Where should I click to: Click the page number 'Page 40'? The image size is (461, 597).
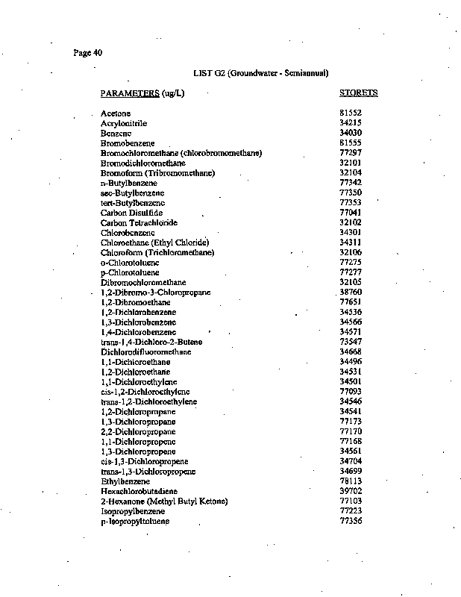(x=88, y=52)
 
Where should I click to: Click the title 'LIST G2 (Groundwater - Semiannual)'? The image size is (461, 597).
(x=260, y=72)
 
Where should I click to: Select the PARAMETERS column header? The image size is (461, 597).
(x=142, y=93)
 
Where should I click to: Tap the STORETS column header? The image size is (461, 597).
(x=358, y=93)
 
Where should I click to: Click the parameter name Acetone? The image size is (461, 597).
(x=116, y=113)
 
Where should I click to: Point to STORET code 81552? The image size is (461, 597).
(x=350, y=113)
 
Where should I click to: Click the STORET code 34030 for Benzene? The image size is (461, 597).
(x=350, y=133)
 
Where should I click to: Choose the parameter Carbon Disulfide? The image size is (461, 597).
(x=131, y=213)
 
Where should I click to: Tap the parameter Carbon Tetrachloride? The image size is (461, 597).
(x=139, y=222)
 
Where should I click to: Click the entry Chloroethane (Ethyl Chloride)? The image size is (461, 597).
(x=154, y=243)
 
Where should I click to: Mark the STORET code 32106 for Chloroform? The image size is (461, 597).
(x=350, y=252)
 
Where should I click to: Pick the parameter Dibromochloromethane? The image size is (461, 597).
(x=143, y=282)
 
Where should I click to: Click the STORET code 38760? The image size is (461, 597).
(x=350, y=292)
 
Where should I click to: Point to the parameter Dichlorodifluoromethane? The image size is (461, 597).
(x=145, y=351)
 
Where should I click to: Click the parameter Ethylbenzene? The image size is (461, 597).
(x=123, y=481)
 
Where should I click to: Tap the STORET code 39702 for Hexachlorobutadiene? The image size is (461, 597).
(x=350, y=491)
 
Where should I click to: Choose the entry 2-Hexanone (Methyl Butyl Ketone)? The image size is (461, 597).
(x=164, y=501)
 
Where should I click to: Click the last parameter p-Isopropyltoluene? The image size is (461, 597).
(x=134, y=521)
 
